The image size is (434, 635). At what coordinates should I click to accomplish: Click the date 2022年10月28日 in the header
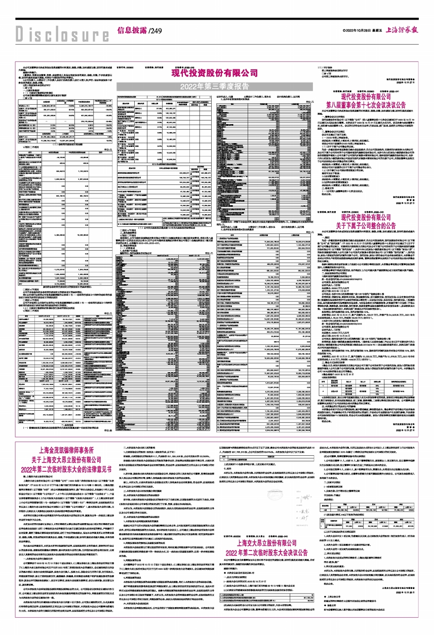click(x=352, y=31)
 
